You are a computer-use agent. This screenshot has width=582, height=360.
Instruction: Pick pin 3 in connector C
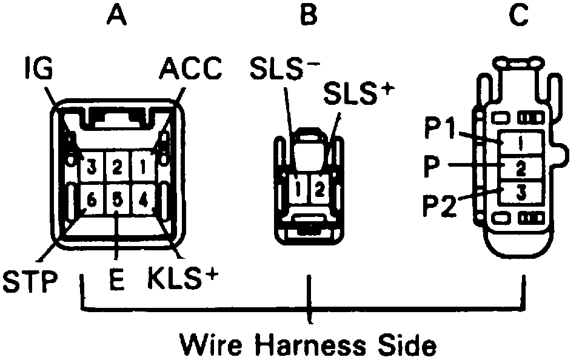coord(521,193)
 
